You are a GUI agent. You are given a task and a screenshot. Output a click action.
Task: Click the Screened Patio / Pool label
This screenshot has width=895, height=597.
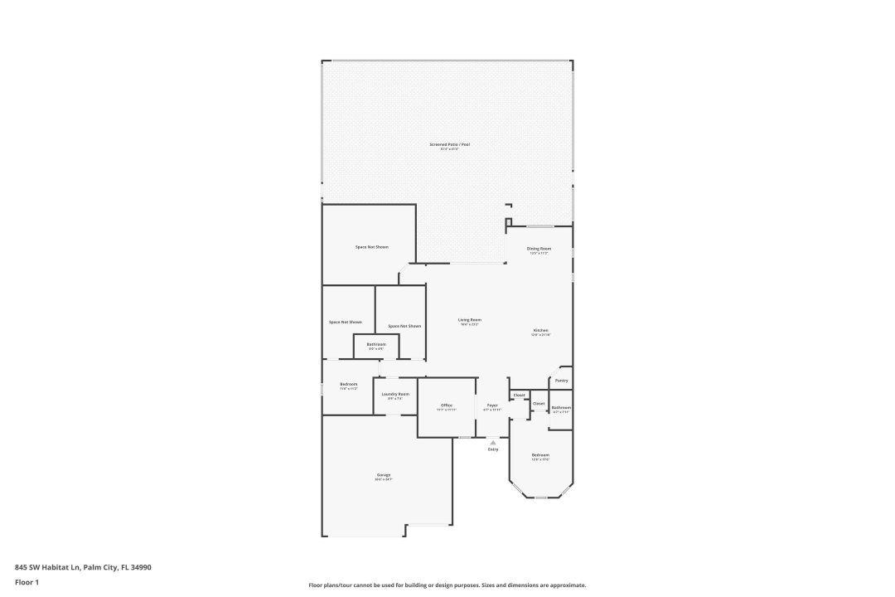click(x=449, y=145)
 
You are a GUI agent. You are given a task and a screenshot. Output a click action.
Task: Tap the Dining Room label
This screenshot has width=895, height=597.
click(x=539, y=249)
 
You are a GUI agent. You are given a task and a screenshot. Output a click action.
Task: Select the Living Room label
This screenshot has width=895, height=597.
click(x=470, y=320)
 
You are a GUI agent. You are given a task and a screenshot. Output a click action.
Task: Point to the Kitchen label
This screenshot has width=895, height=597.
click(x=540, y=331)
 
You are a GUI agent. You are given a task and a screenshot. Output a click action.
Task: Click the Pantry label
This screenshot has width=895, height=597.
click(x=561, y=381)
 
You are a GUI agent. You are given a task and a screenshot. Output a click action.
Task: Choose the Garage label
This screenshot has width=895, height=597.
click(x=384, y=475)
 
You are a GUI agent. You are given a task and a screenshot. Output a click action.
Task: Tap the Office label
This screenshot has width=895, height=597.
click(x=447, y=405)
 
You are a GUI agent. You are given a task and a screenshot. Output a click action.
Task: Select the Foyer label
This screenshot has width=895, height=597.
click(x=492, y=405)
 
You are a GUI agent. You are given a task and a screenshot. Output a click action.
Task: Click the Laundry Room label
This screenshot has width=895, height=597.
click(x=395, y=395)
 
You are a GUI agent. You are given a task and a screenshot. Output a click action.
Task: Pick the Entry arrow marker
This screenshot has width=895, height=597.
click(x=493, y=443)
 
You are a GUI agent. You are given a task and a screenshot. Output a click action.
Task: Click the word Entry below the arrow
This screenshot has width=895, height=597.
click(x=493, y=449)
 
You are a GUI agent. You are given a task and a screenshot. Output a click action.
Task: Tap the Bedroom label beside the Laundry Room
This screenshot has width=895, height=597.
click(x=348, y=385)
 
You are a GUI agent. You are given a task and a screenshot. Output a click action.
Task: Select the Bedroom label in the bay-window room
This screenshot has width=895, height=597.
click(x=540, y=455)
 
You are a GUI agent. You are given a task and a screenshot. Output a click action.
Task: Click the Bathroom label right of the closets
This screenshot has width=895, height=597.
click(x=561, y=408)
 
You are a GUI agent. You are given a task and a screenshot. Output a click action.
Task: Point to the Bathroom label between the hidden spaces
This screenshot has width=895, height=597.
click(x=376, y=344)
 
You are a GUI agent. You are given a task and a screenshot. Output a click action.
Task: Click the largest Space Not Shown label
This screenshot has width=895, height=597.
click(x=371, y=247)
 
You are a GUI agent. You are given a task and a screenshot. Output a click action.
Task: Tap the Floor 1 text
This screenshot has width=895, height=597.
click(x=27, y=582)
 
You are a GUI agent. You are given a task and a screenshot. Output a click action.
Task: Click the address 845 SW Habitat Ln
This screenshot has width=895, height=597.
click(x=83, y=568)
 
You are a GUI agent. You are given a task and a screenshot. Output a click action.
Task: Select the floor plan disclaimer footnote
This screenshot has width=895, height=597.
click(x=447, y=585)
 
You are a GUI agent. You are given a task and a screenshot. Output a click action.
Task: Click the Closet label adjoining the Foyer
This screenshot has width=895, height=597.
click(x=519, y=395)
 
